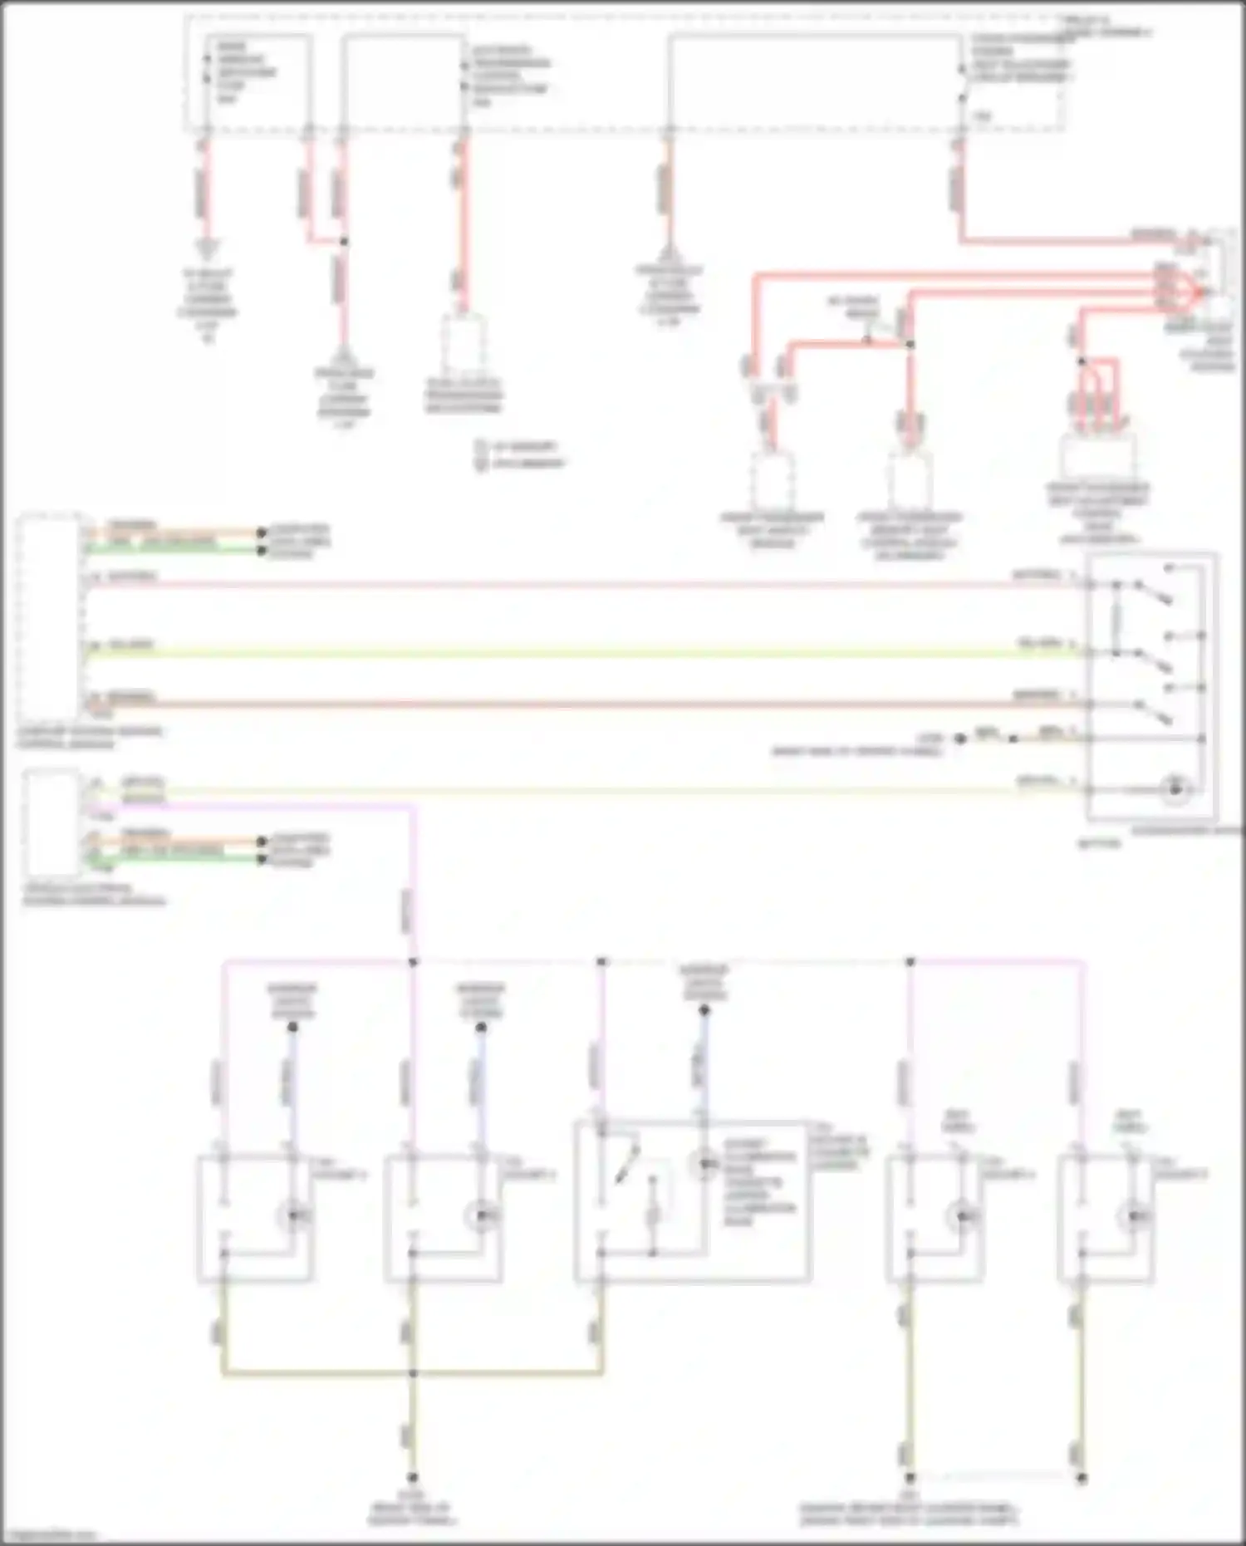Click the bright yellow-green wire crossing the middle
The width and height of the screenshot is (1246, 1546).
pos(581,654)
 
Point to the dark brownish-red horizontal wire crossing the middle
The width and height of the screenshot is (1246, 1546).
pos(581,705)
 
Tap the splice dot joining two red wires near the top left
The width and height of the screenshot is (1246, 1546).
pos(344,242)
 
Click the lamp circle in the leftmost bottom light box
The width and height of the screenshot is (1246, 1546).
pos(292,1215)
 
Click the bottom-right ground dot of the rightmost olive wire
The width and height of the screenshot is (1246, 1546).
pos(1082,1478)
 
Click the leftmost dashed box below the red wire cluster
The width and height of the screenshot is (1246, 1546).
pos(773,479)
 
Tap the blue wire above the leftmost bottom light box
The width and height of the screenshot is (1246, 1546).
pos(291,1080)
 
